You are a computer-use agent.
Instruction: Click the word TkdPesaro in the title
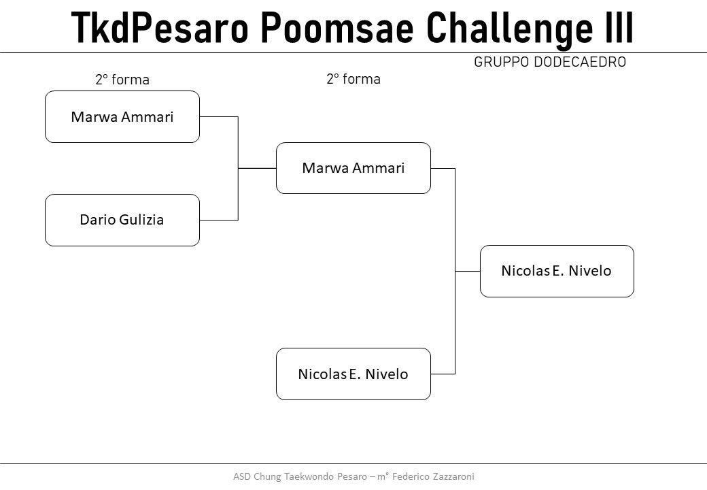pyautogui.click(x=160, y=27)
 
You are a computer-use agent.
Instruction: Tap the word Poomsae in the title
pyautogui.click(x=337, y=27)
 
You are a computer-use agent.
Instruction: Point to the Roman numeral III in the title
pyautogui.click(x=619, y=27)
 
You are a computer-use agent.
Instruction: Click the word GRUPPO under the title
pyautogui.click(x=502, y=62)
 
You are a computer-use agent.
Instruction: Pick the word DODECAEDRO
pyautogui.click(x=580, y=62)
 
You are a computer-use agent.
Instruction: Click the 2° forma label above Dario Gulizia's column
pyautogui.click(x=122, y=80)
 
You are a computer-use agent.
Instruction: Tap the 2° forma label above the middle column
pyautogui.click(x=353, y=79)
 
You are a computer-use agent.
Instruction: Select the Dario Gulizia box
pyautogui.click(x=122, y=220)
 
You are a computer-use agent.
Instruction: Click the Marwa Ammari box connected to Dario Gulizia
pyautogui.click(x=122, y=117)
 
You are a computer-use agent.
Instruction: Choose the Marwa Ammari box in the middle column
pyautogui.click(x=353, y=168)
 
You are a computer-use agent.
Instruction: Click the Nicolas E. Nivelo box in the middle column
pyautogui.click(x=353, y=374)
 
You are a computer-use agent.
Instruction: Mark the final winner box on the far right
pyautogui.click(x=557, y=271)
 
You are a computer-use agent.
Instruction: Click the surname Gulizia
pyautogui.click(x=141, y=220)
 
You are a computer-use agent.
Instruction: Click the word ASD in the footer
pyautogui.click(x=242, y=476)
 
